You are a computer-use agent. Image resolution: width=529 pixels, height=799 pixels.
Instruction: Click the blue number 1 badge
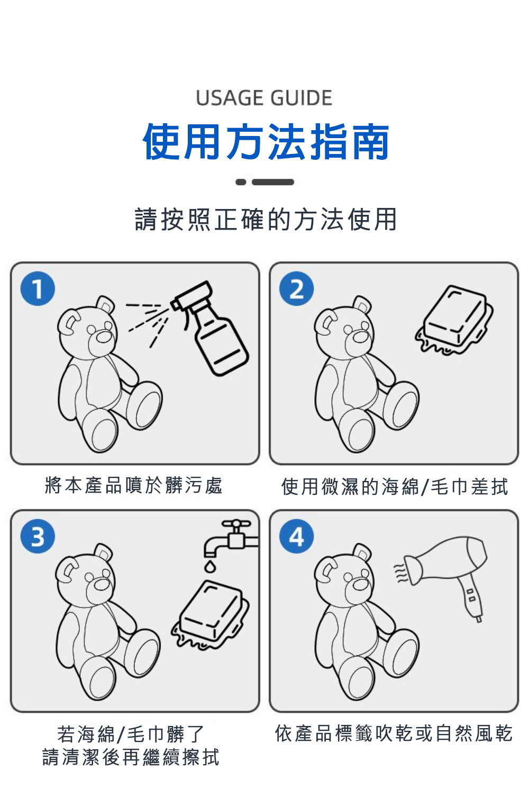[x=38, y=288]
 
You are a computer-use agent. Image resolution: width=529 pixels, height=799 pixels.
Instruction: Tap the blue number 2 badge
[x=296, y=288]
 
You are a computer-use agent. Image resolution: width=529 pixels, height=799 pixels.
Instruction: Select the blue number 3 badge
[x=38, y=536]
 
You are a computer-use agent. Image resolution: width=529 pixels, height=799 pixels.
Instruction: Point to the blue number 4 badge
[x=296, y=536]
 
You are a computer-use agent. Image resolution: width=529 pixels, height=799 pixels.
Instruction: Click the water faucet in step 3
[x=231, y=538]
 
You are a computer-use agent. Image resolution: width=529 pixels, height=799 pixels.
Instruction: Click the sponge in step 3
[x=211, y=614]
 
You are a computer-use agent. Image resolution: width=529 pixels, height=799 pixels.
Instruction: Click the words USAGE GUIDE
[x=264, y=98]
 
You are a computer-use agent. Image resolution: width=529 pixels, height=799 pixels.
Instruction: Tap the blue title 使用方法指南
[x=266, y=142]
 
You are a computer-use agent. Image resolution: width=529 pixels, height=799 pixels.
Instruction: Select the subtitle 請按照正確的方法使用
[x=266, y=219]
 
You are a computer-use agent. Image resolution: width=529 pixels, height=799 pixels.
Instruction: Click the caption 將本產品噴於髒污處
[x=134, y=485]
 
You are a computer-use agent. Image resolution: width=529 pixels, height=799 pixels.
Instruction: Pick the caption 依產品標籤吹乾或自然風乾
[x=394, y=733]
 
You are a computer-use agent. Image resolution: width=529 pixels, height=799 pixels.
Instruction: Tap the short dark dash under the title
[x=241, y=182]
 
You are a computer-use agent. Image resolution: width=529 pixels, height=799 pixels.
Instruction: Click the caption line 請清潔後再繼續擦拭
[x=131, y=757]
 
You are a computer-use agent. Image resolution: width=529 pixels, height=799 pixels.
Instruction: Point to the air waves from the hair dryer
[x=402, y=573]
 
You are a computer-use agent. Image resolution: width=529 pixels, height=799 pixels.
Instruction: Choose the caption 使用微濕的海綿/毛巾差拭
[x=395, y=486]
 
